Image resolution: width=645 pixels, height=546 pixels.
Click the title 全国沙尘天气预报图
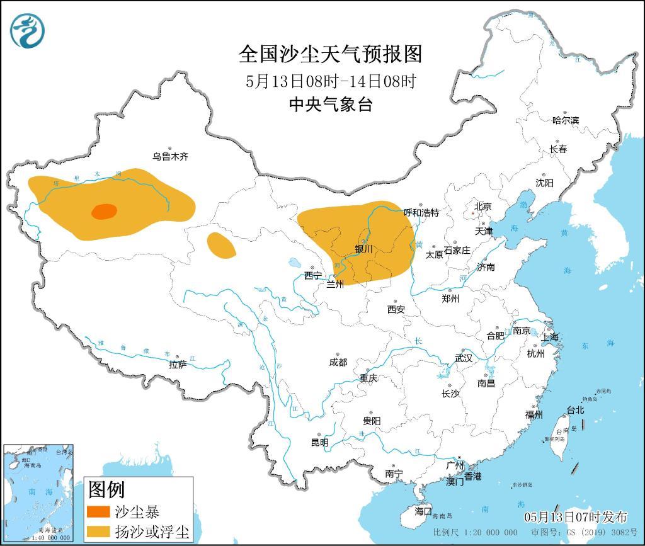click(330, 54)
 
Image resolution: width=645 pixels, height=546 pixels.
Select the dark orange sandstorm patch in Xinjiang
click(104, 212)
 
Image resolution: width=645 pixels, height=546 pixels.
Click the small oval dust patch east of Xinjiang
click(221, 246)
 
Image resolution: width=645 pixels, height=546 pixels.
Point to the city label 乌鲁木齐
click(169, 156)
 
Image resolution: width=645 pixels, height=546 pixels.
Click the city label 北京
click(482, 206)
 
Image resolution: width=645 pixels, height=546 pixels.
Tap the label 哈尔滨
click(565, 120)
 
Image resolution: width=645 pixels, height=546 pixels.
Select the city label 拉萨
click(178, 365)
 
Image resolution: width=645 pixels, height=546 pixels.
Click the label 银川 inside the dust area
click(363, 249)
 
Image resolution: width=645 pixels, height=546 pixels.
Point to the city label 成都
click(338, 362)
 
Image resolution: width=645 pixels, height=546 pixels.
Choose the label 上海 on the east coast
click(550, 337)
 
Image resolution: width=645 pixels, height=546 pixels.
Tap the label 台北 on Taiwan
click(575, 410)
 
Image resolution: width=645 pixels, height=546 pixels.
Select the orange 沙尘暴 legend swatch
click(98, 511)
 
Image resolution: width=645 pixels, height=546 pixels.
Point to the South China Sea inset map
click(38, 491)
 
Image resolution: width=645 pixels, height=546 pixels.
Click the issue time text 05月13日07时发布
click(576, 517)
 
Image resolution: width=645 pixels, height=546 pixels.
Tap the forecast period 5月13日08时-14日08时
click(330, 81)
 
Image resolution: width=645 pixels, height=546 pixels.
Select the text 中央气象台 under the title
click(330, 104)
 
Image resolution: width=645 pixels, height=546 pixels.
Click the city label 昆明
click(319, 442)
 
